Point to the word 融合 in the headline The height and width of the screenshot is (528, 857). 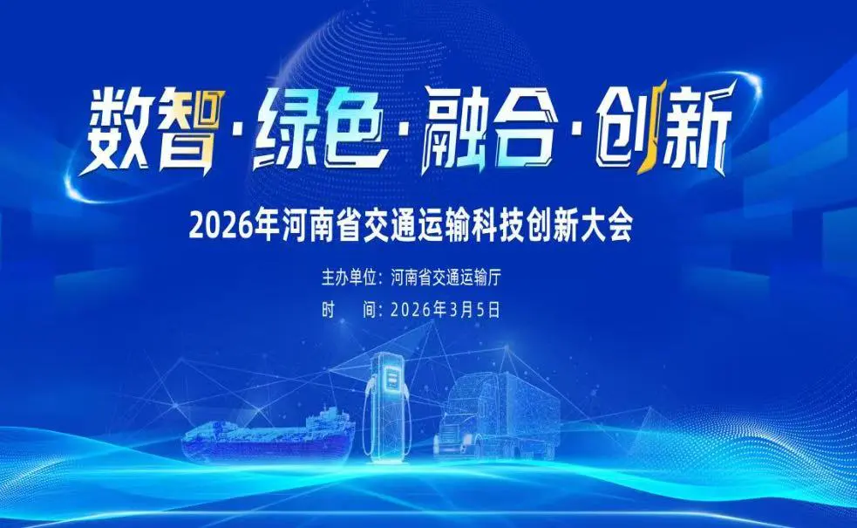pos(484,131)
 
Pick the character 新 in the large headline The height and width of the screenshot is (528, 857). pos(689,131)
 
